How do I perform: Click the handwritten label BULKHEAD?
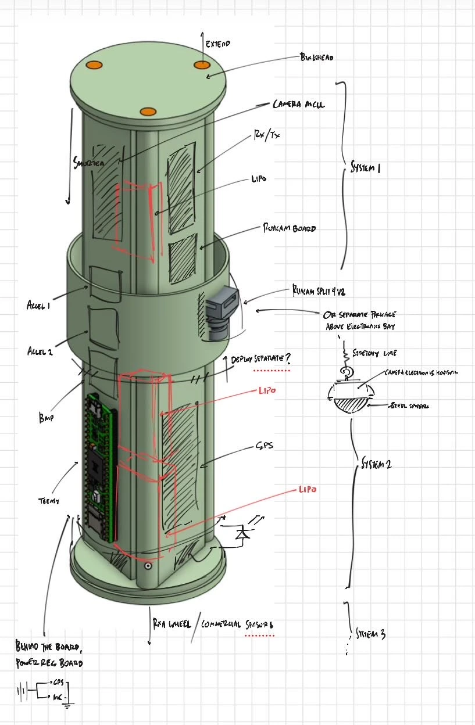point(316,58)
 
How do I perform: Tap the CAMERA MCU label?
point(299,105)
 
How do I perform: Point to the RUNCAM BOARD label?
point(290,228)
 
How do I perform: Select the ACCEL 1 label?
point(38,305)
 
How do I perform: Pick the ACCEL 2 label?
point(40,351)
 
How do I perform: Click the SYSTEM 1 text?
point(365,168)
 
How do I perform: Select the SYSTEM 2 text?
point(376,464)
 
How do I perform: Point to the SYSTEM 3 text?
point(370,634)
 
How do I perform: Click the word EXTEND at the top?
point(218,44)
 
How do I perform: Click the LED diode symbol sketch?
point(241,533)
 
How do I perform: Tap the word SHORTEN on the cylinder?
point(89,163)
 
